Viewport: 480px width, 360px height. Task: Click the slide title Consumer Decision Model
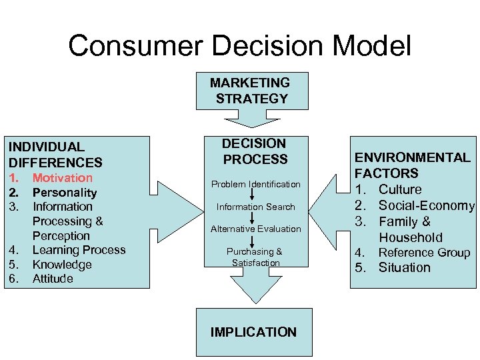click(x=240, y=47)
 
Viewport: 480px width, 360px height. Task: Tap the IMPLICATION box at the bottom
click(x=253, y=331)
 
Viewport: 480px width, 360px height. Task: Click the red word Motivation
click(x=63, y=178)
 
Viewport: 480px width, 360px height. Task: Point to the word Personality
click(x=65, y=193)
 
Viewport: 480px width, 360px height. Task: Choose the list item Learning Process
click(x=79, y=250)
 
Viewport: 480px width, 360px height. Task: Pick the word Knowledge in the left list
click(x=62, y=265)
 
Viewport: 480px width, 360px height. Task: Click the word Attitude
click(x=53, y=279)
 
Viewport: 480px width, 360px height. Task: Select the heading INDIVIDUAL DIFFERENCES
click(x=55, y=154)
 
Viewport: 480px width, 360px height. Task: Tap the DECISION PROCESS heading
click(x=255, y=151)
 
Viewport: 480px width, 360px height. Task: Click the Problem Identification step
click(x=256, y=184)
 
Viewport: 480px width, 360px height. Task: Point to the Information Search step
click(x=256, y=207)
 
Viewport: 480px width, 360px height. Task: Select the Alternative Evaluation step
click(x=256, y=229)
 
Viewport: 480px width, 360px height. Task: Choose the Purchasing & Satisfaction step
click(x=255, y=257)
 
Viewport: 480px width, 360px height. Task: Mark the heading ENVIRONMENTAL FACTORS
click(x=413, y=165)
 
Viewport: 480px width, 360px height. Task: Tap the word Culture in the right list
click(x=400, y=189)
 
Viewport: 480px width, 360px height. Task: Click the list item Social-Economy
click(x=426, y=205)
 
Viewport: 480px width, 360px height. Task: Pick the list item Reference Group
click(x=424, y=253)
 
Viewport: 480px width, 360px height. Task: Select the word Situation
click(x=405, y=268)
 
